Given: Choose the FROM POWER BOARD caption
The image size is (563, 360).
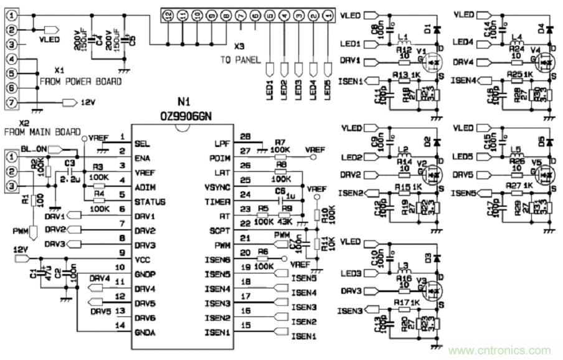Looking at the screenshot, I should [81, 82].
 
